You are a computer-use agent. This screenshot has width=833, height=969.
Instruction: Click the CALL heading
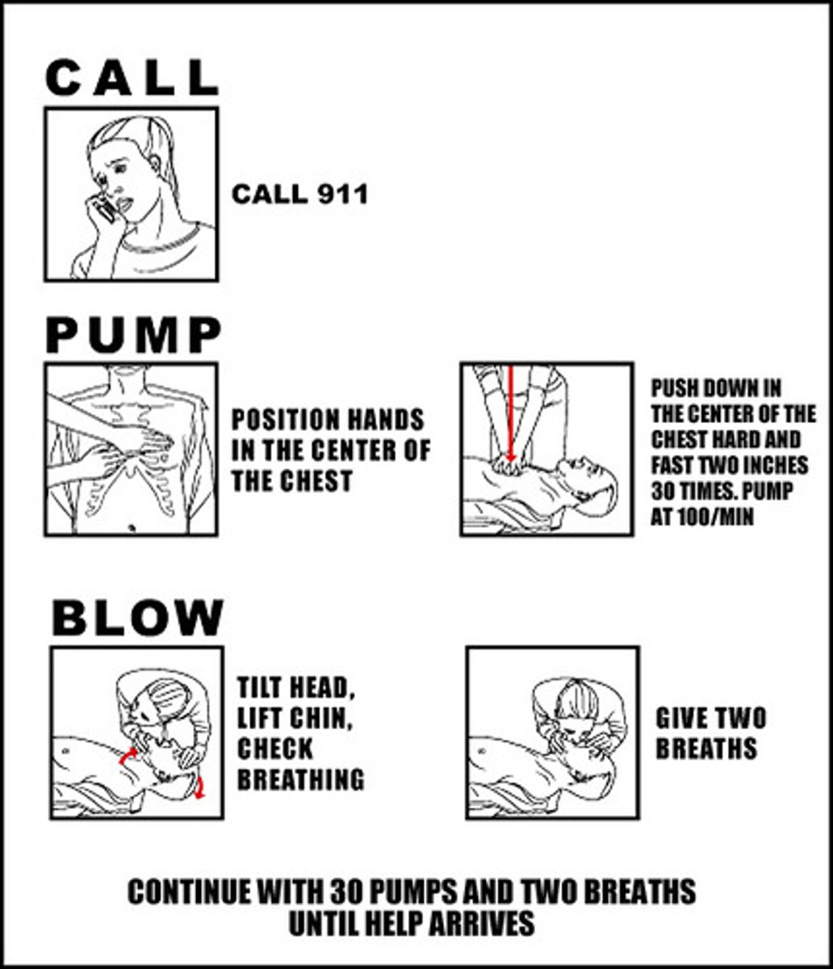pyautogui.click(x=132, y=78)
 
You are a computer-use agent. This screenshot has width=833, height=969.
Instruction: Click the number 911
pyautogui.click(x=337, y=195)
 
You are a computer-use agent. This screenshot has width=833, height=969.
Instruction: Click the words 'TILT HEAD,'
pyautogui.click(x=295, y=689)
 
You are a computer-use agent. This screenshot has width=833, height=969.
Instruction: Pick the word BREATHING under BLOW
pyautogui.click(x=300, y=779)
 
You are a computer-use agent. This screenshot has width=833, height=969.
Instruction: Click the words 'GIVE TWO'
pyautogui.click(x=710, y=718)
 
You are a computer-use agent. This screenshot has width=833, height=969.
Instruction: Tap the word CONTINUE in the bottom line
pyautogui.click(x=190, y=892)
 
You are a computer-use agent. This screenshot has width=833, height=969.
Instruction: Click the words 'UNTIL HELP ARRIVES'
pyautogui.click(x=411, y=922)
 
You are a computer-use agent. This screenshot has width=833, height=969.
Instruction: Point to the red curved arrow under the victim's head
pyautogui.click(x=199, y=787)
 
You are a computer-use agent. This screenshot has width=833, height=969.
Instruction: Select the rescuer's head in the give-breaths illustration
pyautogui.click(x=576, y=698)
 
